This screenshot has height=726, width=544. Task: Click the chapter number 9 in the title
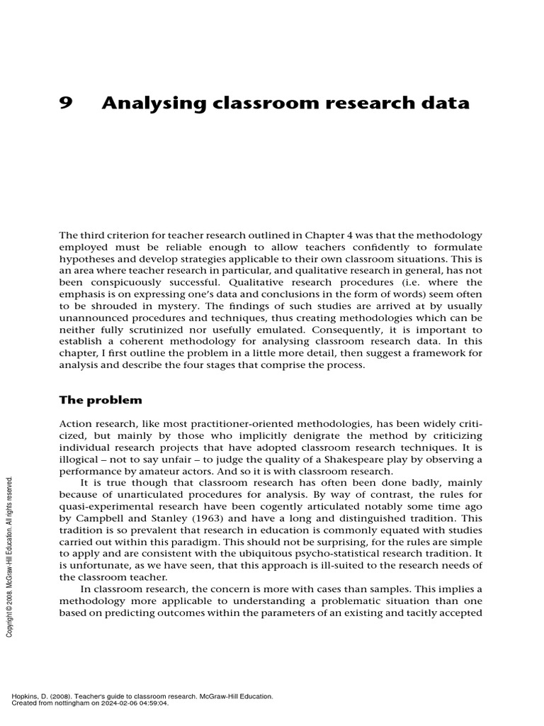tap(66, 104)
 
